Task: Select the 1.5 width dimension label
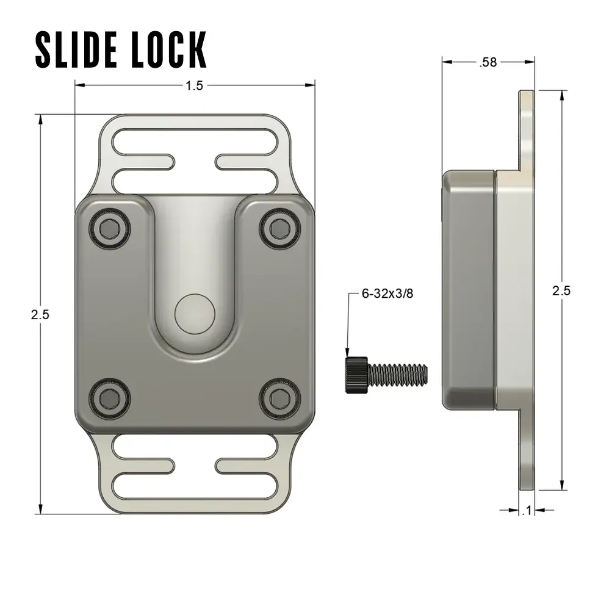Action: click(x=194, y=86)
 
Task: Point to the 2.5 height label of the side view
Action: click(x=561, y=290)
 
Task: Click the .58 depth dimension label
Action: click(x=488, y=62)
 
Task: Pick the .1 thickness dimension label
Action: click(x=527, y=511)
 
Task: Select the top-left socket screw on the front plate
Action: click(x=110, y=229)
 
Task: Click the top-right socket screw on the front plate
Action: click(x=280, y=229)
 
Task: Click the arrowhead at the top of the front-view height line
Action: click(x=40, y=120)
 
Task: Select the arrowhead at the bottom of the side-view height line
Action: click(x=561, y=485)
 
